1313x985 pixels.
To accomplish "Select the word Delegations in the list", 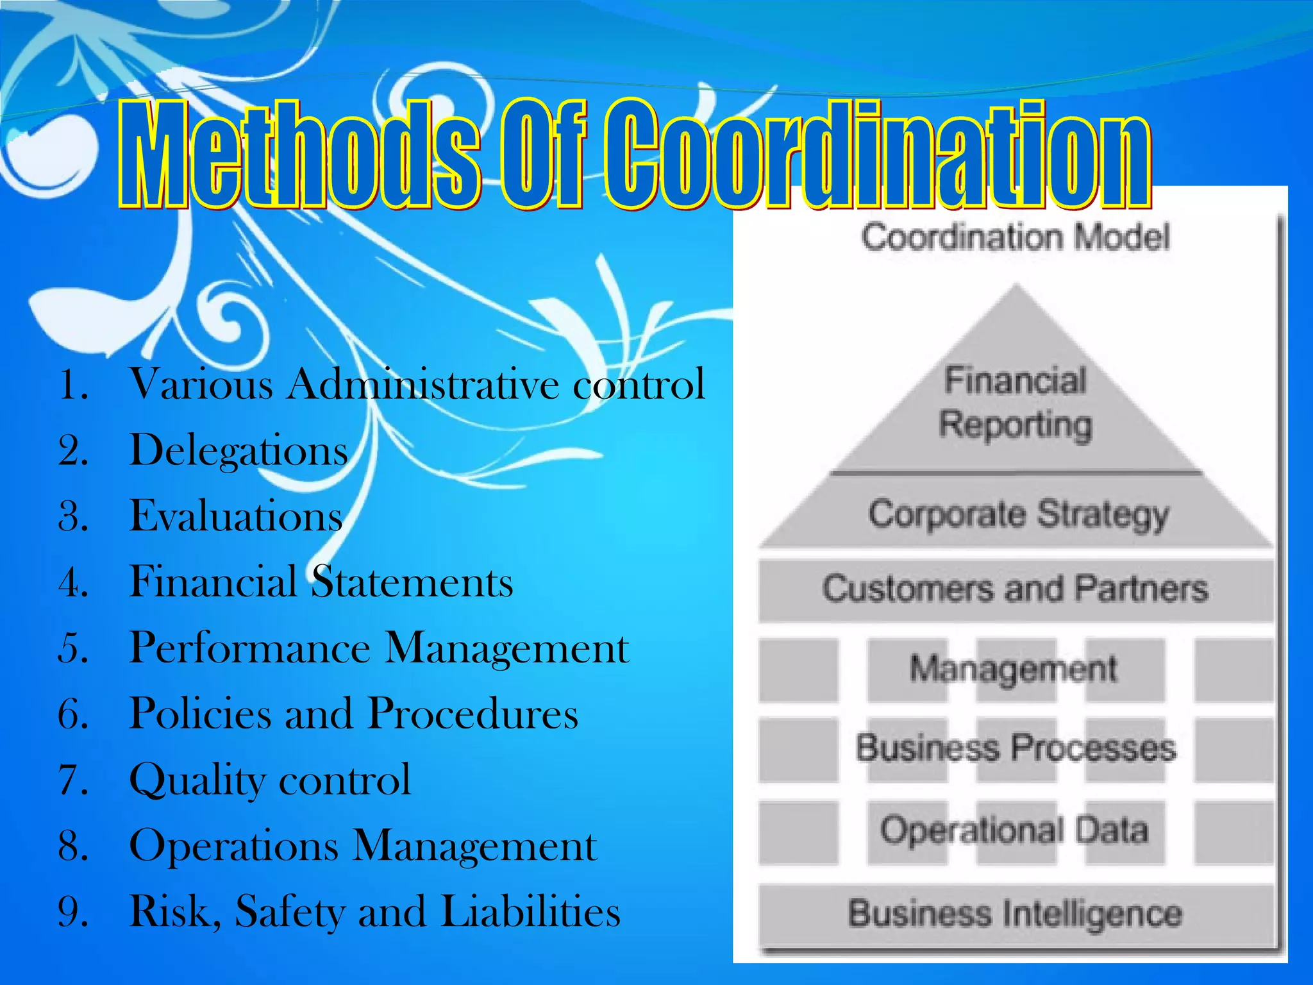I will (x=238, y=450).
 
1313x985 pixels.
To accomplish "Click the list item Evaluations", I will (x=236, y=516).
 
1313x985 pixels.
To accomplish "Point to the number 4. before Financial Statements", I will (x=73, y=582).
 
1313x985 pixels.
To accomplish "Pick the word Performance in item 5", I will (x=250, y=648).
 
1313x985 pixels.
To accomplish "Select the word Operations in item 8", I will (x=234, y=846).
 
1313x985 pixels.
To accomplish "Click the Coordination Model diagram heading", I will (x=1016, y=237).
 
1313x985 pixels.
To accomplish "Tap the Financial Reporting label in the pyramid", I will (x=1016, y=403).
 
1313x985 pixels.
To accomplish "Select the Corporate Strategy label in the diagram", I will (x=1018, y=515).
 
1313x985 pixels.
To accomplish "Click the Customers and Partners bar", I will (x=1016, y=589).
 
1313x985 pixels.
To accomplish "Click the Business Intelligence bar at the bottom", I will (x=1016, y=914).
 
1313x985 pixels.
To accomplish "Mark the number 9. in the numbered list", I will (x=73, y=911).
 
